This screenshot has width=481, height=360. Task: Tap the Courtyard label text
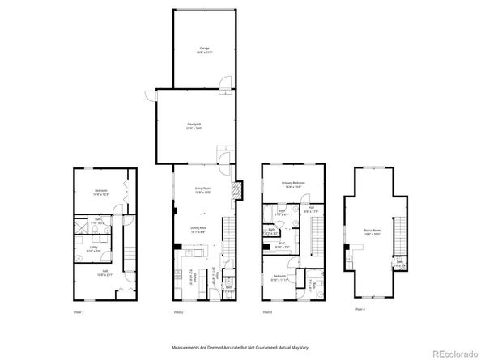pos(194,125)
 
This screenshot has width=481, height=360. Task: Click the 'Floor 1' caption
pos(79,311)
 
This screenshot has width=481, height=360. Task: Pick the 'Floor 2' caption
pos(178,311)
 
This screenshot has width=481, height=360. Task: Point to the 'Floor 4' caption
pos(360,308)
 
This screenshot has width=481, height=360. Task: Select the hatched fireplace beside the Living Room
pos(236,192)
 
